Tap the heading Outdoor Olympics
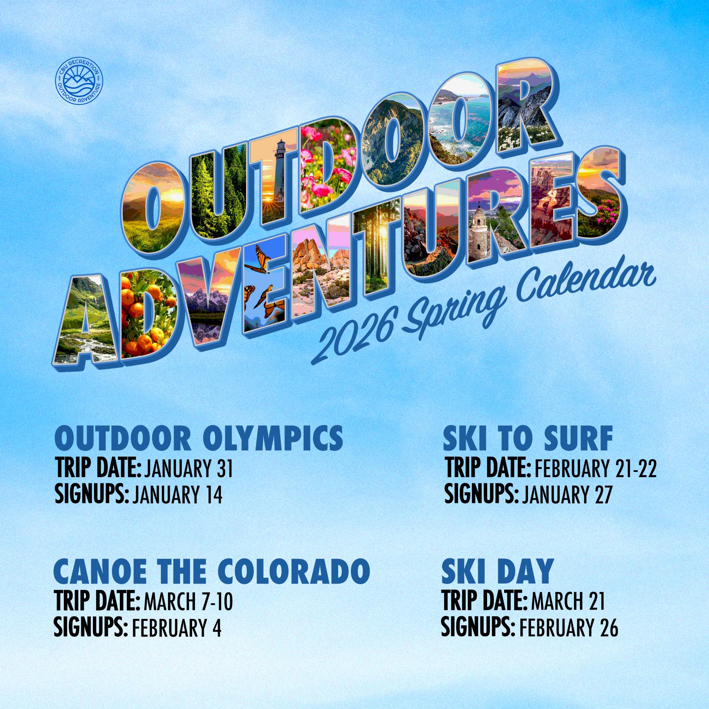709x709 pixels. (x=199, y=439)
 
